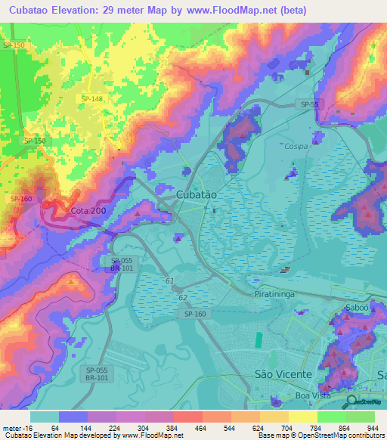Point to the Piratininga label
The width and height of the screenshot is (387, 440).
(276, 293)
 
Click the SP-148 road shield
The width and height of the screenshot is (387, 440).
(93, 99)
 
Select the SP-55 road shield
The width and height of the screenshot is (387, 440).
(309, 104)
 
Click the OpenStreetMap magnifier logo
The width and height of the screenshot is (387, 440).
(351, 402)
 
